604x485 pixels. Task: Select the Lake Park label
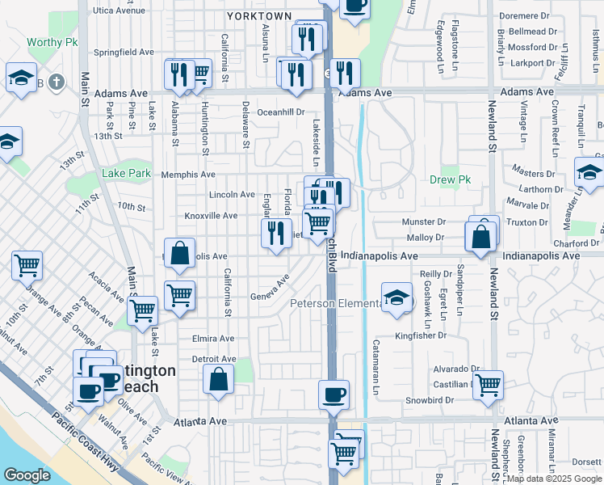coord(126,173)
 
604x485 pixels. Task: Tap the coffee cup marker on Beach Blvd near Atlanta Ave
coord(333,395)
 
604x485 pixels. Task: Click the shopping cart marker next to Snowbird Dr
coord(488,386)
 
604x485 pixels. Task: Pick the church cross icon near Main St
coord(55,82)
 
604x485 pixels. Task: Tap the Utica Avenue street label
coord(124,11)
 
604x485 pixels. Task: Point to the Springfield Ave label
coord(124,52)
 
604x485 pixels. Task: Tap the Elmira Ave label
coord(212,339)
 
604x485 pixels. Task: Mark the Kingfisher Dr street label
coord(421,335)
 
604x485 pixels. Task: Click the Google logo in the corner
coord(27,475)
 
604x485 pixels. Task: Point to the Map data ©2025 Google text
coord(553,479)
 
